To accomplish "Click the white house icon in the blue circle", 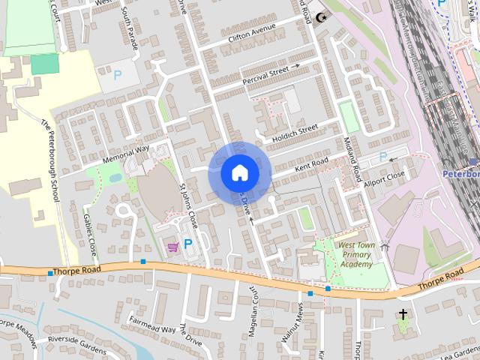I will tap(239, 173).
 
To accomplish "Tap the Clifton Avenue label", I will tap(252, 33).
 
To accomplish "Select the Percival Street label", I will tap(265, 71).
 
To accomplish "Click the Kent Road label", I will tap(311, 163).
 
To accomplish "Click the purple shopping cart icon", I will tap(172, 246).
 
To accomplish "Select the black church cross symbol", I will tap(403, 314).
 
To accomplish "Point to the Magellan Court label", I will tap(253, 314).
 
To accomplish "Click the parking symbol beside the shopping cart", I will tap(187, 244).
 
